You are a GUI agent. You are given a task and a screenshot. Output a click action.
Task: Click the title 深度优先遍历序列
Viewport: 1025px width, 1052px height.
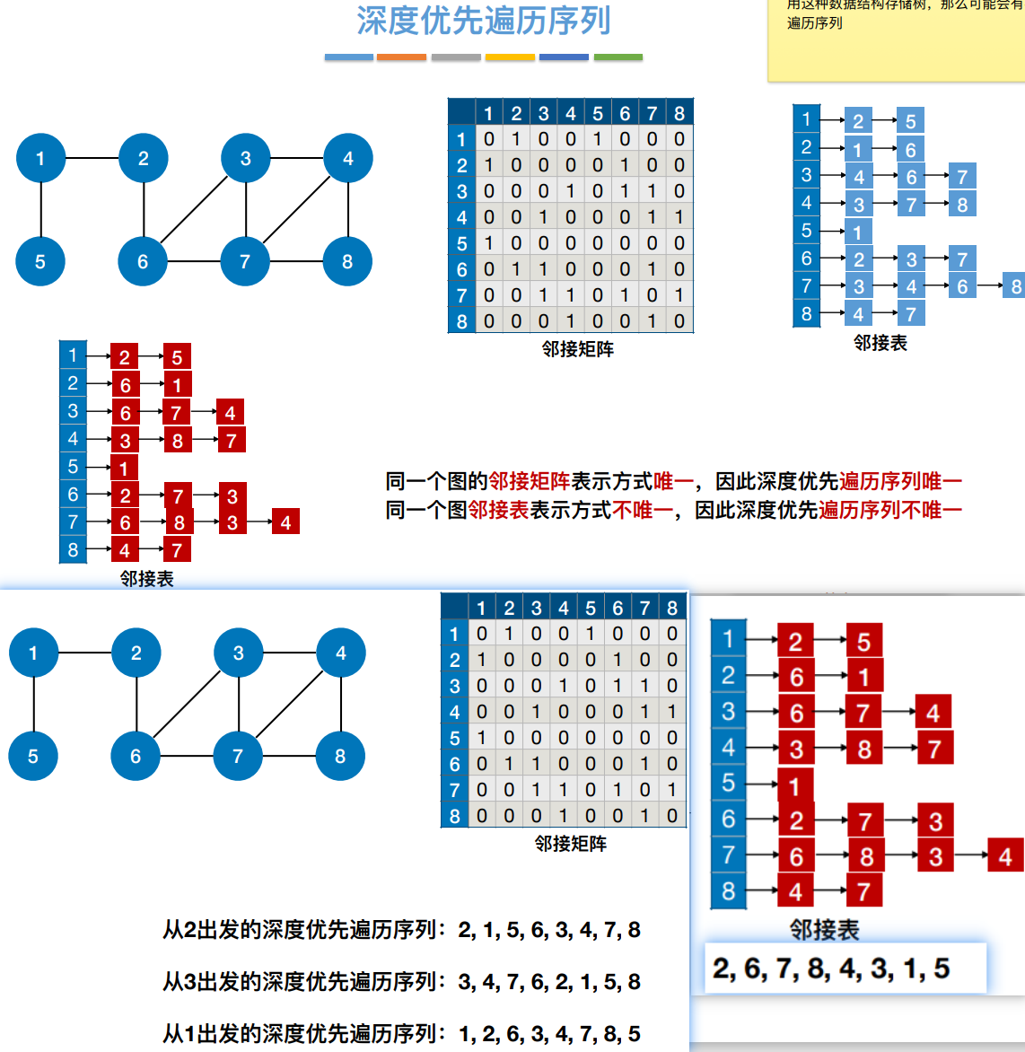pyautogui.click(x=484, y=21)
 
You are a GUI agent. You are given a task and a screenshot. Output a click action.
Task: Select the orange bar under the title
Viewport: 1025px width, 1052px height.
pyautogui.click(x=401, y=57)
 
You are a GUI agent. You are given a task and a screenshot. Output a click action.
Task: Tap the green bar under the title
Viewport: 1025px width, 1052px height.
pyautogui.click(x=618, y=57)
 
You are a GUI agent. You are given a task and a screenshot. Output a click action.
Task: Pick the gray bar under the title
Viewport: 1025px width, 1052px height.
pyautogui.click(x=456, y=57)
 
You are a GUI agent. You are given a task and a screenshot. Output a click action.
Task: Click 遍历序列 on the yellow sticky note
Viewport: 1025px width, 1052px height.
pyautogui.click(x=815, y=23)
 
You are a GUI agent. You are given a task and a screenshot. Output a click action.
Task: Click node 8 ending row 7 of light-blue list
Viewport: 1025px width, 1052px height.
pyautogui.click(x=1014, y=286)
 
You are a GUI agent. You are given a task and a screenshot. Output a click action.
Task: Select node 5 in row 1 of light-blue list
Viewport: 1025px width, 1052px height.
pyautogui.click(x=910, y=121)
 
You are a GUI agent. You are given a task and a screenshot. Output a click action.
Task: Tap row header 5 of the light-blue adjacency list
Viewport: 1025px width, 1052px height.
pyautogui.click(x=806, y=231)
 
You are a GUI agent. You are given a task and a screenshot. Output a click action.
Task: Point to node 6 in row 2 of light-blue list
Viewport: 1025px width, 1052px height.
pyautogui.click(x=910, y=150)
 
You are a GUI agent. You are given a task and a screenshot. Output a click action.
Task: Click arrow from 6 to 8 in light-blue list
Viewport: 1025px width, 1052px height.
pyautogui.click(x=989, y=285)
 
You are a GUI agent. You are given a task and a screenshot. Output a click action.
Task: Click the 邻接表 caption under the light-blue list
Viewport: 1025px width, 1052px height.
pyautogui.click(x=880, y=343)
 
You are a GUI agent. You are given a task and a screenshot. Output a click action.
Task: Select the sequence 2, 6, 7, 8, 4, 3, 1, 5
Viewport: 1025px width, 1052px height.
pyautogui.click(x=831, y=969)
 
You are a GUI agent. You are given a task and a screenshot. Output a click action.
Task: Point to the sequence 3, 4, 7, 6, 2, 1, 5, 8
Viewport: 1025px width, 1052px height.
pyautogui.click(x=549, y=982)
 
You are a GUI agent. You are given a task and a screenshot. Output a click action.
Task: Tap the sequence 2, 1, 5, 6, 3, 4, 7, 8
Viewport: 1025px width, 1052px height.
pyautogui.click(x=549, y=930)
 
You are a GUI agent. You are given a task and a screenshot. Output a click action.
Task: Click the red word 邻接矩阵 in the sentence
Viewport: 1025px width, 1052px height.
pyautogui.click(x=530, y=481)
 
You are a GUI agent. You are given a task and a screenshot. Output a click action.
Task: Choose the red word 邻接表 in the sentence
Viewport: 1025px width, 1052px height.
pyautogui.click(x=498, y=510)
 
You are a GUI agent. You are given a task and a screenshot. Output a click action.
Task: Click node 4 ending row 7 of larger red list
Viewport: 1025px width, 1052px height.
pyautogui.click(x=1004, y=856)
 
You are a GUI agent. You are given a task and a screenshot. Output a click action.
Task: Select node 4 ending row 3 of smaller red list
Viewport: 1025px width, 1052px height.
pyautogui.click(x=230, y=413)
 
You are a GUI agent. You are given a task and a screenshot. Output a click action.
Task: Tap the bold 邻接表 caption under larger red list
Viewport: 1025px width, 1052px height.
pyautogui.click(x=824, y=930)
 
